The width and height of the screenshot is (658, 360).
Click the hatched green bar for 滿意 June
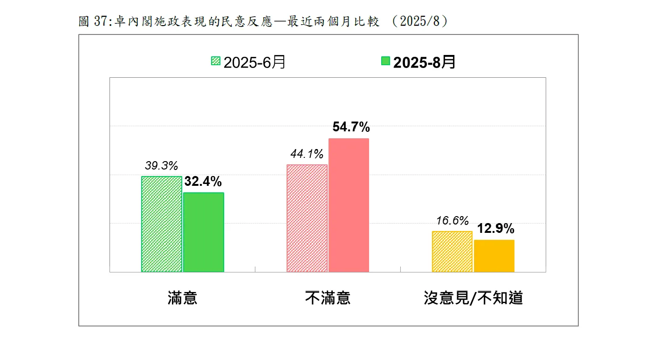pyautogui.click(x=162, y=224)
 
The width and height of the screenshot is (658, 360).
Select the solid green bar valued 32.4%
pyautogui.click(x=204, y=232)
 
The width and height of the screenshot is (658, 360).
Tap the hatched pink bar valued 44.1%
pyautogui.click(x=307, y=218)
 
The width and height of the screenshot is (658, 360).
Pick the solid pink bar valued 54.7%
pyautogui.click(x=349, y=205)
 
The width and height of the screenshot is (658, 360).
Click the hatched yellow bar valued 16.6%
pyautogui.click(x=452, y=251)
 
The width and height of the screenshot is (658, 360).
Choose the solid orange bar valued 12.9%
pyautogui.click(x=494, y=256)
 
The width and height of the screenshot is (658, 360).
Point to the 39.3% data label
pyautogui.click(x=161, y=166)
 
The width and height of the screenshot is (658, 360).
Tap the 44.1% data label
pyautogui.click(x=307, y=154)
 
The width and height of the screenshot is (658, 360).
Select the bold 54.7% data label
pyautogui.click(x=351, y=127)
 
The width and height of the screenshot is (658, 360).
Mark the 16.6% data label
pyautogui.click(x=452, y=221)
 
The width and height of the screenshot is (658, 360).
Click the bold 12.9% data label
pyautogui.click(x=495, y=229)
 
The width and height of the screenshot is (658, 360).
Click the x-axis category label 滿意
pyautogui.click(x=183, y=298)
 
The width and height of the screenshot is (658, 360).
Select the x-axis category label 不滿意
pyautogui.click(x=328, y=298)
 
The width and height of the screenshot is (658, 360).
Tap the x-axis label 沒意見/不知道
pyautogui.click(x=473, y=298)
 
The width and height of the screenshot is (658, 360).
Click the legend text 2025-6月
pyautogui.click(x=254, y=62)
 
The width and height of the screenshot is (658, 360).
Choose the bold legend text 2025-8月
pyautogui.click(x=424, y=62)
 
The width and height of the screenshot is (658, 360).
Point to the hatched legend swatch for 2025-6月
pyautogui.click(x=216, y=61)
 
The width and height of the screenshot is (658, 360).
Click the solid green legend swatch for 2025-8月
pyautogui.click(x=385, y=61)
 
